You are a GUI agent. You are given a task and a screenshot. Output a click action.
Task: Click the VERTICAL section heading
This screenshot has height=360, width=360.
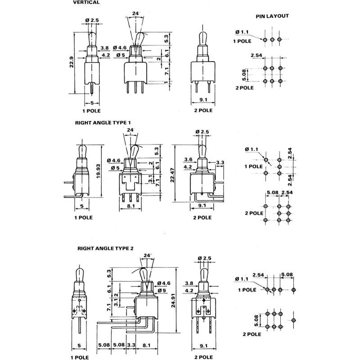click(x=86, y=2)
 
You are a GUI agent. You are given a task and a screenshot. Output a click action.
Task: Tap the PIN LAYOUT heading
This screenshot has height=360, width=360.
click(x=272, y=16)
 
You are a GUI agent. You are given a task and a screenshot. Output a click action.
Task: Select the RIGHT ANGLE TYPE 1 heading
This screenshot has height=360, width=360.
click(x=103, y=123)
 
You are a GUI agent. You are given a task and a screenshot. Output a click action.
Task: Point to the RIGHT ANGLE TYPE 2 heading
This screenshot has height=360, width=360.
click(x=105, y=248)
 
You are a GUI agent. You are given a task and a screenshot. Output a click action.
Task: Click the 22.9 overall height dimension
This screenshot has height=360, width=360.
click(x=72, y=62)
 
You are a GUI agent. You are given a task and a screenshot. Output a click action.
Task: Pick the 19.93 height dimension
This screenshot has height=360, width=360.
click(x=99, y=171)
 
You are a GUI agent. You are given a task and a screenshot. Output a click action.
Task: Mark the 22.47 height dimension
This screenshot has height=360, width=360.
click(x=172, y=175)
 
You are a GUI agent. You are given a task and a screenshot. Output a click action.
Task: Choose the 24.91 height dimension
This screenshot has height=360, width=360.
click(x=173, y=300)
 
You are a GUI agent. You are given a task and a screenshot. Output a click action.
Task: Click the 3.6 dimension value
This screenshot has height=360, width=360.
click(x=188, y=160)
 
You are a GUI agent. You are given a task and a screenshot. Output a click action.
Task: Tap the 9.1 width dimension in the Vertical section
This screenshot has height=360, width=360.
click(x=203, y=99)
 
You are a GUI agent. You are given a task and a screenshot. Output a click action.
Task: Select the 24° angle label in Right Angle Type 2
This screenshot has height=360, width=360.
click(x=148, y=256)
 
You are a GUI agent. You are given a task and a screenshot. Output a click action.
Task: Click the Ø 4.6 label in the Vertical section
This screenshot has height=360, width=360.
click(x=120, y=48)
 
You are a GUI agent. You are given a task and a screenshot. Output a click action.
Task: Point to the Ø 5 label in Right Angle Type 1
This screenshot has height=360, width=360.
click(x=115, y=168)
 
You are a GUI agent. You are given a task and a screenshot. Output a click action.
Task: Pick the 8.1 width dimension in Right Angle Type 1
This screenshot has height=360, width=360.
click(x=131, y=206)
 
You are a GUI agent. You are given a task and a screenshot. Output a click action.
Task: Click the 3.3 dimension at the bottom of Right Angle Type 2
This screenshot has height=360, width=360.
click(x=131, y=345)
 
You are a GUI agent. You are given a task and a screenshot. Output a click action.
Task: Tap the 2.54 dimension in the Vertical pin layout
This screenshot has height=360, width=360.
click(x=256, y=55)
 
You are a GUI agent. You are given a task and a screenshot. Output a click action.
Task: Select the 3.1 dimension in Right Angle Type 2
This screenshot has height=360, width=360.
click(x=116, y=302)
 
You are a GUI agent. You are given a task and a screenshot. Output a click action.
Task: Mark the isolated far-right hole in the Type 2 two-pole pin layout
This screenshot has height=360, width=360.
click(x=294, y=320)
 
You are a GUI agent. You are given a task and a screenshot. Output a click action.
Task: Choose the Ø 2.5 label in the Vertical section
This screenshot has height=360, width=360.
click(x=92, y=20)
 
